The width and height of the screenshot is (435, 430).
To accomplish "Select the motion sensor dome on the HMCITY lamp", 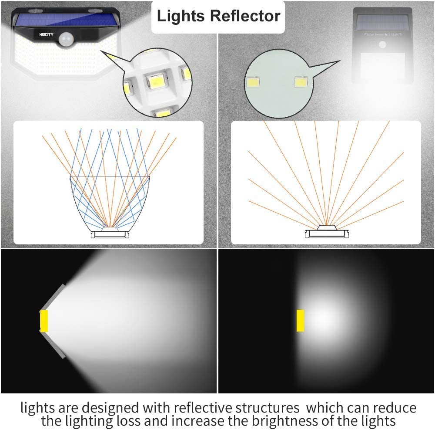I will (x=66, y=40).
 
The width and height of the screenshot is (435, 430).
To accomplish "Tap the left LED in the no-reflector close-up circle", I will (x=253, y=81).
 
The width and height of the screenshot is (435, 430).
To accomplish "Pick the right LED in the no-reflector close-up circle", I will (x=301, y=81).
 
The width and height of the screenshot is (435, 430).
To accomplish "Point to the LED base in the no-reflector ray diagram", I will (x=326, y=233).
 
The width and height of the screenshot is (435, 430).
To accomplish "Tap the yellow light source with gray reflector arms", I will (x=44, y=321).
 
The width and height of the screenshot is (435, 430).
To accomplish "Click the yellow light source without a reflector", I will (x=300, y=320).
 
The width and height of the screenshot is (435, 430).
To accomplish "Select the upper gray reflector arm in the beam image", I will (x=54, y=296).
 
